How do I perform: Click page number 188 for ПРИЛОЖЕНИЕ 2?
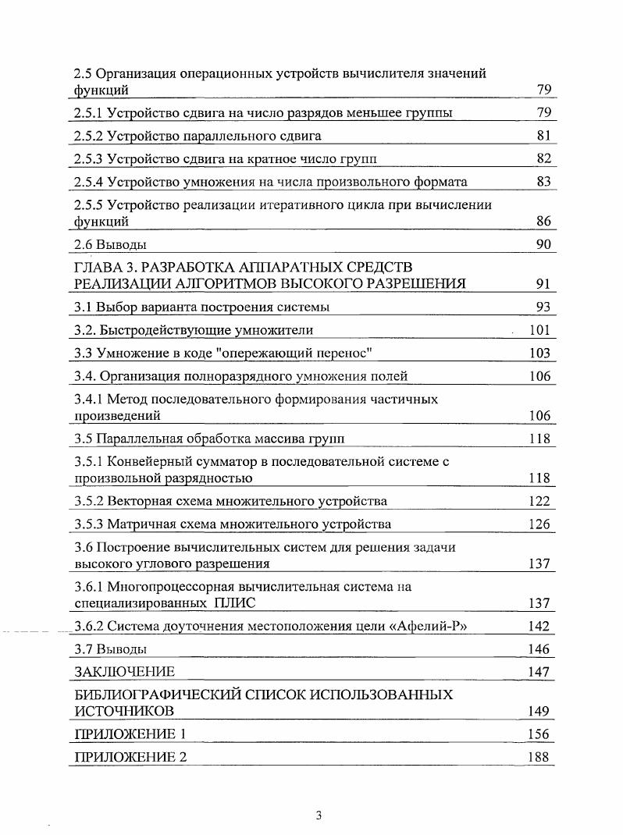coord(539,757)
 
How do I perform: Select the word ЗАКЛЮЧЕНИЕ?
coord(124,671)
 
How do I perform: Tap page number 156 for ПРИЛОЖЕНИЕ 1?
coord(539,734)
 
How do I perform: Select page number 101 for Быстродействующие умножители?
coord(539,330)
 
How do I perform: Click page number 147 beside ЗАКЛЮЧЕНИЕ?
coord(539,671)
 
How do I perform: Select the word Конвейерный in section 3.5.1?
coord(148,462)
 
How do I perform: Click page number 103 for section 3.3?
coord(539,354)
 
